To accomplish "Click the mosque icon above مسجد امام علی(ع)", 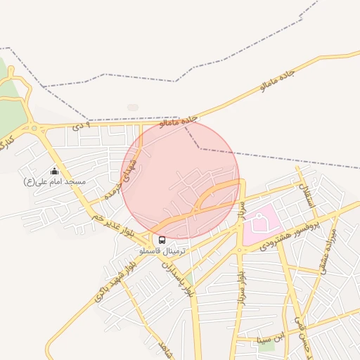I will tap(54, 171).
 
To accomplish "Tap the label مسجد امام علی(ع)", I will tap(55, 182).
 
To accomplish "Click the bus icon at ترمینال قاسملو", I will tap(162, 240).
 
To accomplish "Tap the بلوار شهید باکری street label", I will tap(113, 281).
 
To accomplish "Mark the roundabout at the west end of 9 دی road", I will tap(34, 127).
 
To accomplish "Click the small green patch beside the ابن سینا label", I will tap(266, 345).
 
